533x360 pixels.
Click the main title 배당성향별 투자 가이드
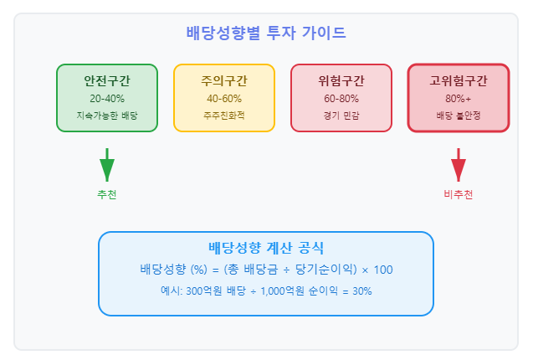pos(266,33)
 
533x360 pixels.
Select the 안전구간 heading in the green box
pos(107,80)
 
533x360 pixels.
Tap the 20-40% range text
pos(107,99)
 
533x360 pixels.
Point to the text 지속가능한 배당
pos(107,116)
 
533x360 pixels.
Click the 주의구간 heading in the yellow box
pos(224,80)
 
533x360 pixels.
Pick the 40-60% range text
pos(224,99)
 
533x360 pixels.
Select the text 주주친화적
pos(224,116)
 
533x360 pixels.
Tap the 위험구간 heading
pos(341,80)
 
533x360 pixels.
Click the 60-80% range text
pos(341,99)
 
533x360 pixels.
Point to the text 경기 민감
pos(341,116)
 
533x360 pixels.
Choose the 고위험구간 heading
pos(459,80)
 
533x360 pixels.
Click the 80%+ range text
pos(459,99)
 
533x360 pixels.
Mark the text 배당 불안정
pos(459,116)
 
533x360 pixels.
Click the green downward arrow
pos(107,165)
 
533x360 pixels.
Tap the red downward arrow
pos(459,165)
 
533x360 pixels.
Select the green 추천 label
pos(107,194)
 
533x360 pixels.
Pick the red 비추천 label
pos(459,194)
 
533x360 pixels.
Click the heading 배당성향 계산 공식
pos(266,248)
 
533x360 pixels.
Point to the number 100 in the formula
pos(383,270)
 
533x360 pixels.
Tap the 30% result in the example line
pos(362,291)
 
